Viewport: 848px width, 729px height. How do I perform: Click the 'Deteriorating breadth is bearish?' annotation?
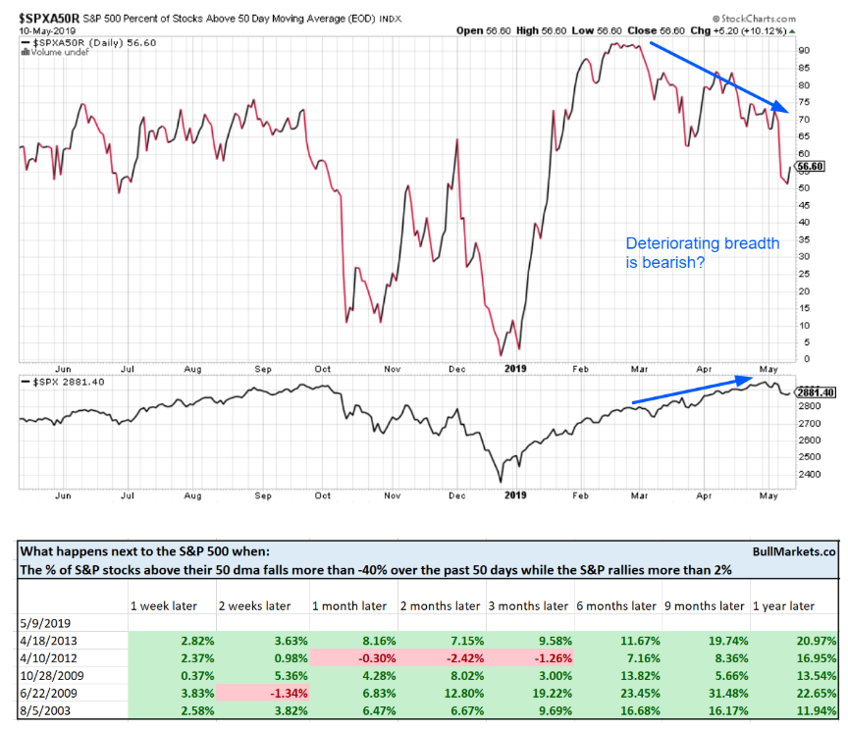coord(703,253)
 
